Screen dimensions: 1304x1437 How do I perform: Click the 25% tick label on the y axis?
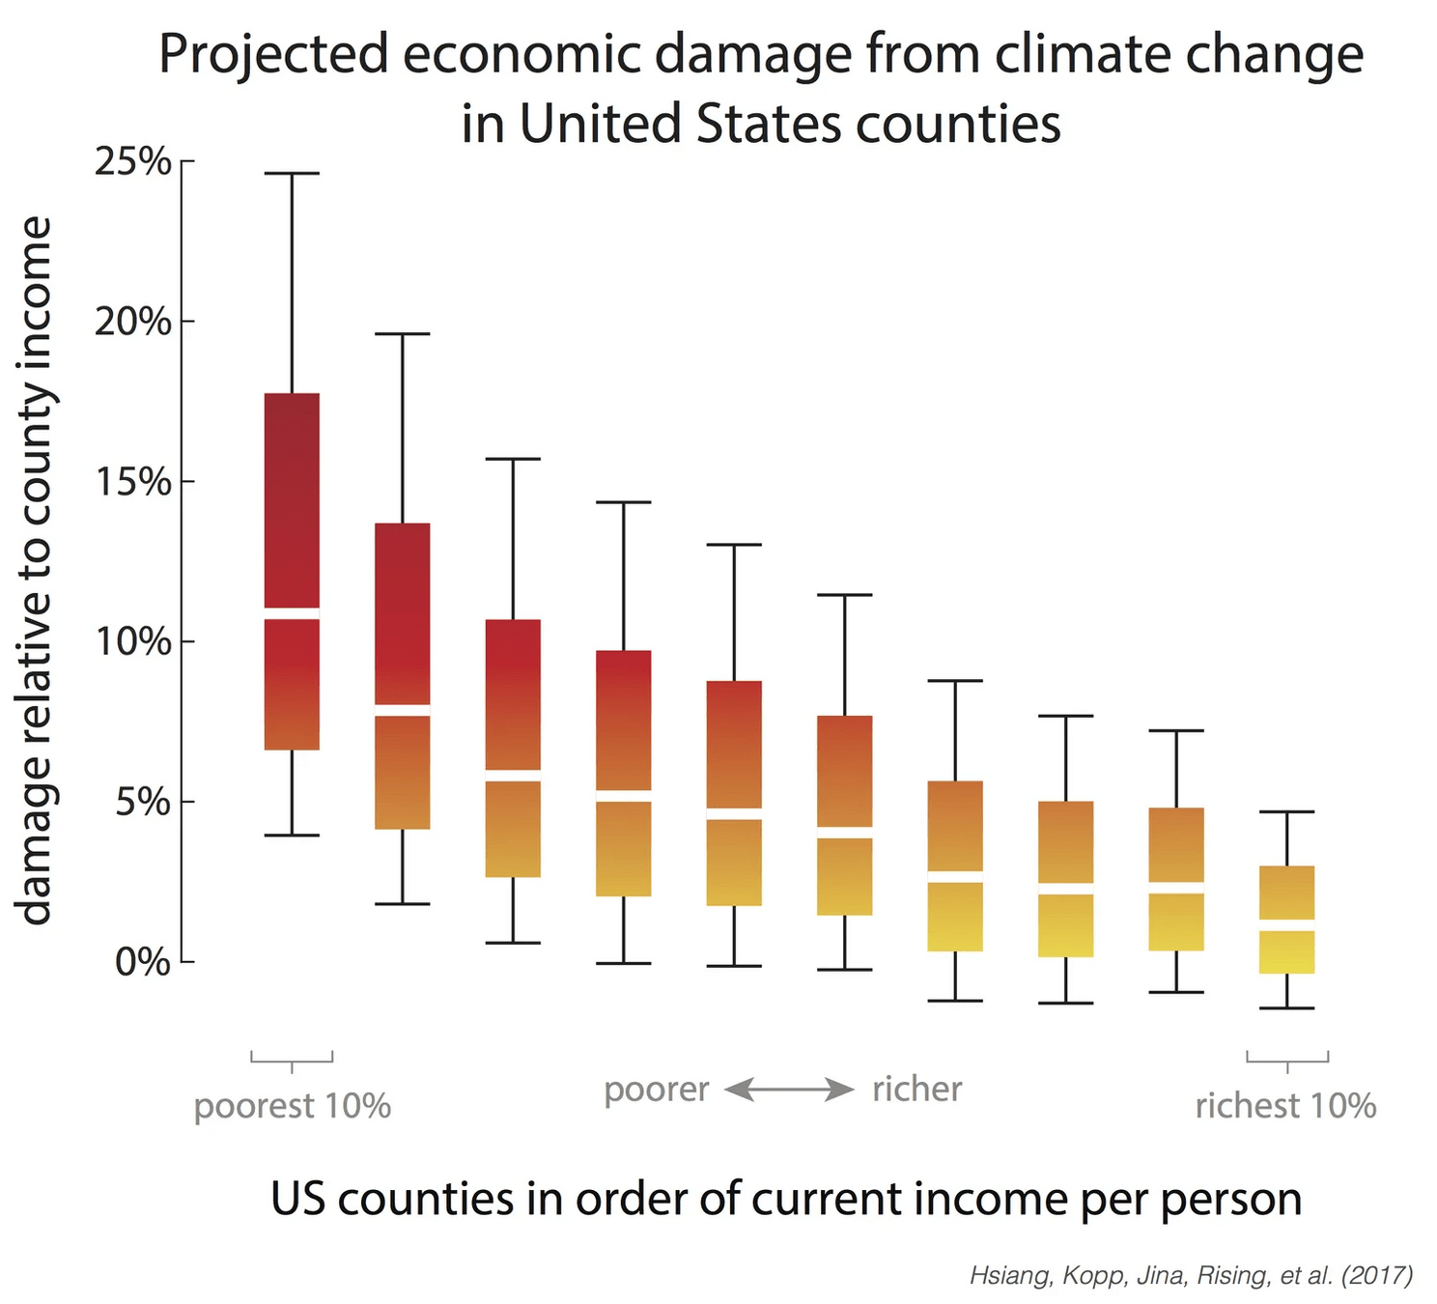(132, 161)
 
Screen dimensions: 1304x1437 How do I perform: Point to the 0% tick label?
(142, 962)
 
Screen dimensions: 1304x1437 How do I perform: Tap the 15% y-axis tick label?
(132, 481)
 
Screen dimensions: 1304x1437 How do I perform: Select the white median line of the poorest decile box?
(292, 613)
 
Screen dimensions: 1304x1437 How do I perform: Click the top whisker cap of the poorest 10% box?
(292, 174)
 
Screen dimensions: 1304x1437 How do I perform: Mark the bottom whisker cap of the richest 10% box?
(1287, 1008)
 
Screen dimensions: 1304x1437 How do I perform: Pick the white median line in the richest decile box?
(1287, 925)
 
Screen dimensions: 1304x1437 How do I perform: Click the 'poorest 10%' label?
(292, 1106)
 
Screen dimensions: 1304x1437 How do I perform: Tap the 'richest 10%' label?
(1285, 1106)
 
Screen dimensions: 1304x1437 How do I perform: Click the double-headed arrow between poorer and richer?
(790, 1091)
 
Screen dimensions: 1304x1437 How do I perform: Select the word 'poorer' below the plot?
(657, 1090)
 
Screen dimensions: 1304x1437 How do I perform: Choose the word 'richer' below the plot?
(916, 1090)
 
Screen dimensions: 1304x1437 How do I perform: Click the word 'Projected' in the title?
(273, 55)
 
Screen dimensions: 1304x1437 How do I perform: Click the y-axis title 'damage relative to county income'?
(35, 570)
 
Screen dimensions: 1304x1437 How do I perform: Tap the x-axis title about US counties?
(786, 1200)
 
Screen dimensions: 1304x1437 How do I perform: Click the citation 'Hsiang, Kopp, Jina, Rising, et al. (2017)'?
(1191, 1276)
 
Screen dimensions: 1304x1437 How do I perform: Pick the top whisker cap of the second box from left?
(403, 334)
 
